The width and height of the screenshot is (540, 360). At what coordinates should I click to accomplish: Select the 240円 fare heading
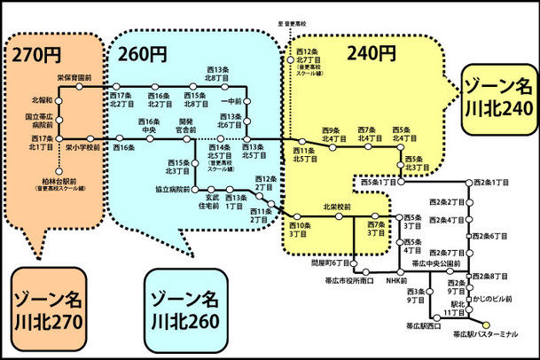click(x=373, y=52)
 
